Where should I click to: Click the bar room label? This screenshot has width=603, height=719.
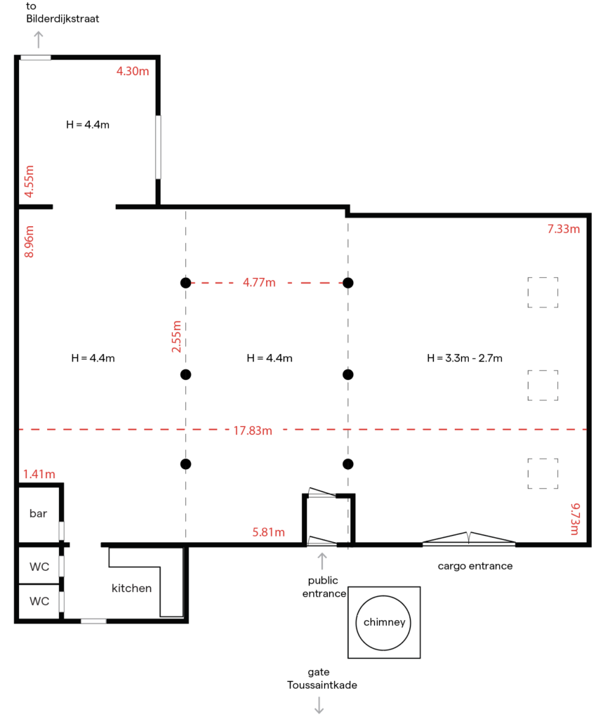pyautogui.click(x=38, y=513)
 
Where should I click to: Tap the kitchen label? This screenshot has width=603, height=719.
pyautogui.click(x=131, y=588)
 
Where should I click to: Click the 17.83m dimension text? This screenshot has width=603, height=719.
pyautogui.click(x=253, y=430)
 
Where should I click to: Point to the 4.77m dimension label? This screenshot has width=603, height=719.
pyautogui.click(x=259, y=282)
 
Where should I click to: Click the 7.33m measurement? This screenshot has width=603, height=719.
pyautogui.click(x=564, y=229)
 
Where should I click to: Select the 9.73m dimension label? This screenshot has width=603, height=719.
pyautogui.click(x=575, y=519)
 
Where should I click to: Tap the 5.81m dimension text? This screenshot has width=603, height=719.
pyautogui.click(x=269, y=532)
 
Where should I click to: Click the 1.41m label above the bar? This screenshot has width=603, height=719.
pyautogui.click(x=39, y=474)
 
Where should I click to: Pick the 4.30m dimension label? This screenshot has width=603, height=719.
pyautogui.click(x=133, y=71)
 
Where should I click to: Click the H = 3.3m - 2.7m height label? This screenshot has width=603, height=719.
pyautogui.click(x=465, y=358)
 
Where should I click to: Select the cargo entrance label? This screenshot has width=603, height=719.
pyautogui.click(x=475, y=567)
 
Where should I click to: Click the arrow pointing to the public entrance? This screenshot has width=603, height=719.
pyautogui.click(x=322, y=561)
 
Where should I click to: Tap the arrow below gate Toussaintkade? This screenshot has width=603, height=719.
pyautogui.click(x=319, y=705)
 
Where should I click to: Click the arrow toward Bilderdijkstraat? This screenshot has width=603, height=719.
pyautogui.click(x=39, y=39)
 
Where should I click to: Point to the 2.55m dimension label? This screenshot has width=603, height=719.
pyautogui.click(x=176, y=336)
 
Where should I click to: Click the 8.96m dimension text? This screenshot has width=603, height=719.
pyautogui.click(x=29, y=242)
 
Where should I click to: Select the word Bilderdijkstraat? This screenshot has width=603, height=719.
pyautogui.click(x=62, y=19)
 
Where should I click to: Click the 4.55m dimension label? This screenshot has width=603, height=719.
pyautogui.click(x=29, y=182)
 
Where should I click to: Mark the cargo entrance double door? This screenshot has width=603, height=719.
pyautogui.click(x=469, y=539)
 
